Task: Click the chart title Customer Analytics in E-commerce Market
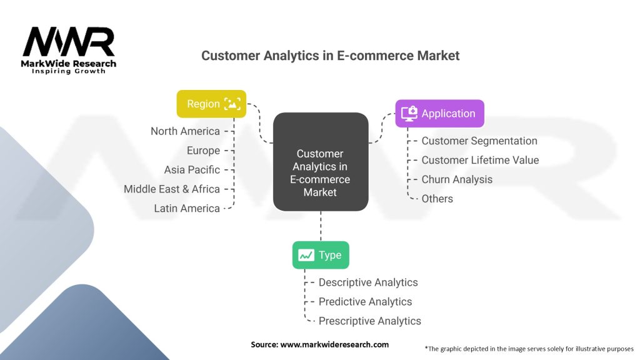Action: click(x=330, y=56)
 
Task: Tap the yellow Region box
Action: click(x=211, y=104)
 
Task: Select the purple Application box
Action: click(x=439, y=113)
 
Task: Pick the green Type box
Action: click(x=321, y=255)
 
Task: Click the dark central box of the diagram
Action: click(x=320, y=161)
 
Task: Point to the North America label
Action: click(x=185, y=131)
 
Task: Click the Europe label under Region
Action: click(x=203, y=151)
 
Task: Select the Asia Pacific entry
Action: click(x=192, y=169)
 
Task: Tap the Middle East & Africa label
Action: click(x=172, y=189)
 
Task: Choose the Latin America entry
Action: click(x=187, y=208)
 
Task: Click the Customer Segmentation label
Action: click(x=479, y=141)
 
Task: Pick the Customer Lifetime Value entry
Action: click(x=480, y=160)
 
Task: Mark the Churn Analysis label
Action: click(x=457, y=179)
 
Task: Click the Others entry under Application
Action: click(x=437, y=199)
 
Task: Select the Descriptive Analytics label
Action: click(x=368, y=282)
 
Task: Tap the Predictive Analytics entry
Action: click(x=365, y=302)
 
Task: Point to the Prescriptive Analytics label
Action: click(x=369, y=321)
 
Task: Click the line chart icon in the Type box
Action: click(x=306, y=255)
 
